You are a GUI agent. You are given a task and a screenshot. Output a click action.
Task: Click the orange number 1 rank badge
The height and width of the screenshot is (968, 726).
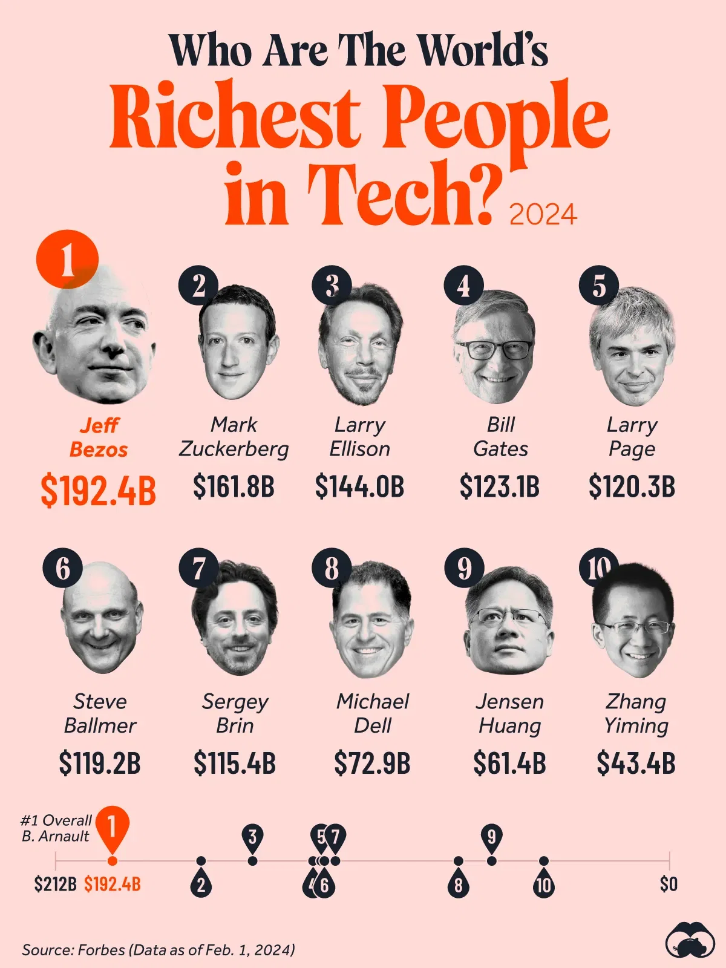click(x=67, y=260)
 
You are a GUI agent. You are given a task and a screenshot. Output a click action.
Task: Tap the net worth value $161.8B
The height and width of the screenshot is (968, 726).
click(x=234, y=487)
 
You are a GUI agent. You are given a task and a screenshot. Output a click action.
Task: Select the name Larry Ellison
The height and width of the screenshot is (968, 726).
click(x=360, y=437)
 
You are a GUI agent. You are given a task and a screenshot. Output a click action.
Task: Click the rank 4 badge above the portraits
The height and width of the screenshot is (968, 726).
click(x=463, y=285)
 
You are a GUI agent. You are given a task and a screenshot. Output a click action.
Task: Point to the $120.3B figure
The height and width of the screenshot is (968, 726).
click(x=632, y=487)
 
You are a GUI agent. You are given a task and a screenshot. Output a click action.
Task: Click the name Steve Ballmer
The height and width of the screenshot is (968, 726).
click(x=100, y=713)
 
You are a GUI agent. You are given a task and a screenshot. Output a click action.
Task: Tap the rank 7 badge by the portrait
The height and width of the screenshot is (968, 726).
click(x=198, y=568)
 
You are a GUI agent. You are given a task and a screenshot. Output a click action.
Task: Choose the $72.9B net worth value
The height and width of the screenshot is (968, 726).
click(x=372, y=764)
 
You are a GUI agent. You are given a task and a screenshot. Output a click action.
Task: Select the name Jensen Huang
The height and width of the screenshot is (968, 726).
click(x=509, y=713)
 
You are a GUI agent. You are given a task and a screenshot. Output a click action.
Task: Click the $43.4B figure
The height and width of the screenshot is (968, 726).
click(x=636, y=764)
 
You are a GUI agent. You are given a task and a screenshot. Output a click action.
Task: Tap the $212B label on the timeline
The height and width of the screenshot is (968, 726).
click(x=55, y=885)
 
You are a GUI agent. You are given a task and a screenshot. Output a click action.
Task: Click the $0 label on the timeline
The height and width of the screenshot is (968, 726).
click(x=669, y=885)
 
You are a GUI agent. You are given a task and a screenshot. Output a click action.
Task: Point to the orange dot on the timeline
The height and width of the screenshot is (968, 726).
click(x=112, y=861)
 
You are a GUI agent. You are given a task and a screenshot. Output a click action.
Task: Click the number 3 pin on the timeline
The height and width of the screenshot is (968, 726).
click(x=253, y=837)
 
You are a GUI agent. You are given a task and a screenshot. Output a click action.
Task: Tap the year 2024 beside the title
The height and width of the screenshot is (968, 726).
click(x=543, y=215)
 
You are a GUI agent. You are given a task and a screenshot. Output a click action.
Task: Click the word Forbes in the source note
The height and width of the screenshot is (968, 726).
click(x=101, y=950)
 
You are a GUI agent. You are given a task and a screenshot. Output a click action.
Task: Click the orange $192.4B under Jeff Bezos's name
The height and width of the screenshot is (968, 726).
click(x=98, y=491)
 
